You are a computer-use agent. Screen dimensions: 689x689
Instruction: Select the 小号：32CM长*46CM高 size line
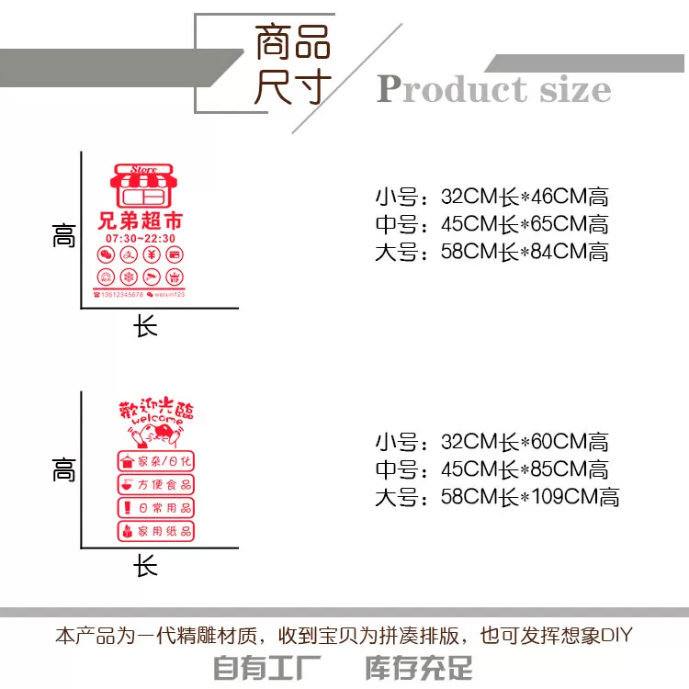(x=491, y=197)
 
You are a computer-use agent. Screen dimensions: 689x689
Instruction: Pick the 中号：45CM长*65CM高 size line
(x=491, y=224)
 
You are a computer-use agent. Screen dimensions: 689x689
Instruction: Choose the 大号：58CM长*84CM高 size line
(x=491, y=252)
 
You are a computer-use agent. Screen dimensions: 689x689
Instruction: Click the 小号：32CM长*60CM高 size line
(x=491, y=442)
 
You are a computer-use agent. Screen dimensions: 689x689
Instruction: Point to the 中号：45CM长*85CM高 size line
(x=491, y=469)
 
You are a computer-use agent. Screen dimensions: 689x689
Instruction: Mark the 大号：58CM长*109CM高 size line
(x=496, y=498)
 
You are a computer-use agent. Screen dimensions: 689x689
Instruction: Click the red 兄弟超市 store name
(x=140, y=220)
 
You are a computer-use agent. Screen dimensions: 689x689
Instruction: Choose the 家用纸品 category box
(x=156, y=531)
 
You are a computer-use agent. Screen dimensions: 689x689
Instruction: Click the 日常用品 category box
(x=156, y=507)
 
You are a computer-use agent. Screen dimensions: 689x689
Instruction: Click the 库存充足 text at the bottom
(x=419, y=666)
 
